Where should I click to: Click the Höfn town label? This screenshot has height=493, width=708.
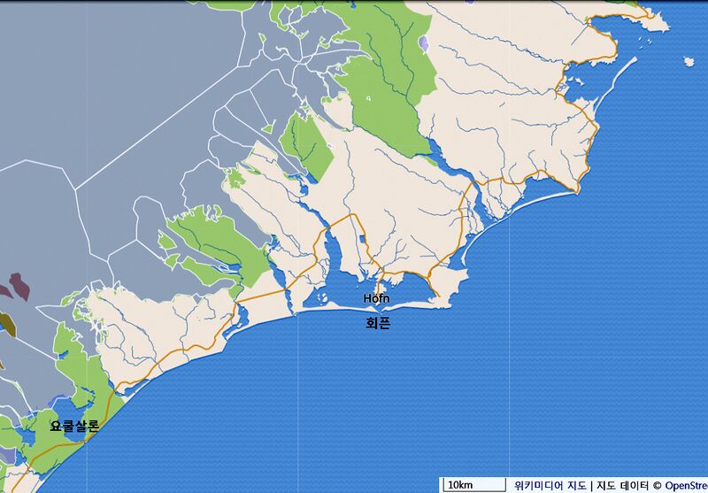pyautogui.click(x=376, y=298)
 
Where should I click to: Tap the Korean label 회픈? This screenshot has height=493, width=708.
pyautogui.click(x=378, y=324)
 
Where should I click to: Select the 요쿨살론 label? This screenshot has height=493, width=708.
pyautogui.click(x=74, y=426)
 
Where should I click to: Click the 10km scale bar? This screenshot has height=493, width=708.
pyautogui.click(x=473, y=485)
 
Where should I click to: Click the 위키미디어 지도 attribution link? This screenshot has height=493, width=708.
pyautogui.click(x=550, y=485)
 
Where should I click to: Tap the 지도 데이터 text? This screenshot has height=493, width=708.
pyautogui.click(x=623, y=485)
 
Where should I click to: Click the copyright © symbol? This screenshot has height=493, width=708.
pyautogui.click(x=658, y=485)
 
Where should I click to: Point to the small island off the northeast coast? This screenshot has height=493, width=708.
pyautogui.click(x=689, y=61)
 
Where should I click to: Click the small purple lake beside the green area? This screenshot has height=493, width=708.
pyautogui.click(x=426, y=43)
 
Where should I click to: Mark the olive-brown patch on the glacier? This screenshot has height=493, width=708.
pyautogui.click(x=4, y=324)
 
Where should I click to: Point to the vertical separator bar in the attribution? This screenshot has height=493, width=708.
pyautogui.click(x=591, y=485)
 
